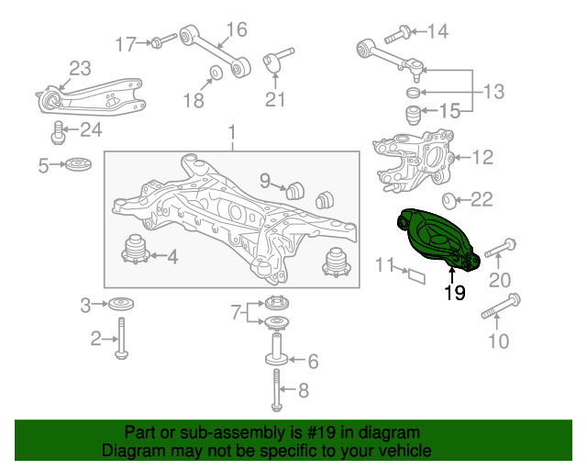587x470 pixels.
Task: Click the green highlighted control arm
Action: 437,239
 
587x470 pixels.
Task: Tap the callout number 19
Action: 455,293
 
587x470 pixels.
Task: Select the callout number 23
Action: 80,69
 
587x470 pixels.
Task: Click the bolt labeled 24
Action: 58,133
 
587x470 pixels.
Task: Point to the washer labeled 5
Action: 78,164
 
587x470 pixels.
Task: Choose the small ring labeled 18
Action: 216,73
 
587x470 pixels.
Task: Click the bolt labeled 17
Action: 163,40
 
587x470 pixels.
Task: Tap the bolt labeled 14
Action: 397,34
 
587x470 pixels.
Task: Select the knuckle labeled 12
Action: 414,161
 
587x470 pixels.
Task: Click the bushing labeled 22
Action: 449,201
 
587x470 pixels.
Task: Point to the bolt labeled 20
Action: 501,248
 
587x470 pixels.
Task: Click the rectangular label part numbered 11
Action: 416,276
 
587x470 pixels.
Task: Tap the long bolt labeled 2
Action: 121,338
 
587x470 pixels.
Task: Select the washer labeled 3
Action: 121,304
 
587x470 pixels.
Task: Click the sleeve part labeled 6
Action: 277,349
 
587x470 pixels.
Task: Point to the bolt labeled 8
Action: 276,390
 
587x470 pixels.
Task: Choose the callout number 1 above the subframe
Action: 232,133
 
